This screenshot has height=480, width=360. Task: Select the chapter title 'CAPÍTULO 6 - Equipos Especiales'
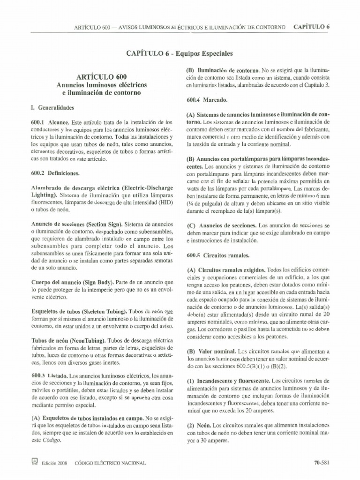coord(179,53)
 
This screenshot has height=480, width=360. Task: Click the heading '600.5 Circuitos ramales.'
coord(217,256)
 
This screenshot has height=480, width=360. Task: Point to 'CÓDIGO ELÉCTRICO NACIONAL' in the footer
coord(110,463)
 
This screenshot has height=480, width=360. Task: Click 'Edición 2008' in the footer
coord(55,463)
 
